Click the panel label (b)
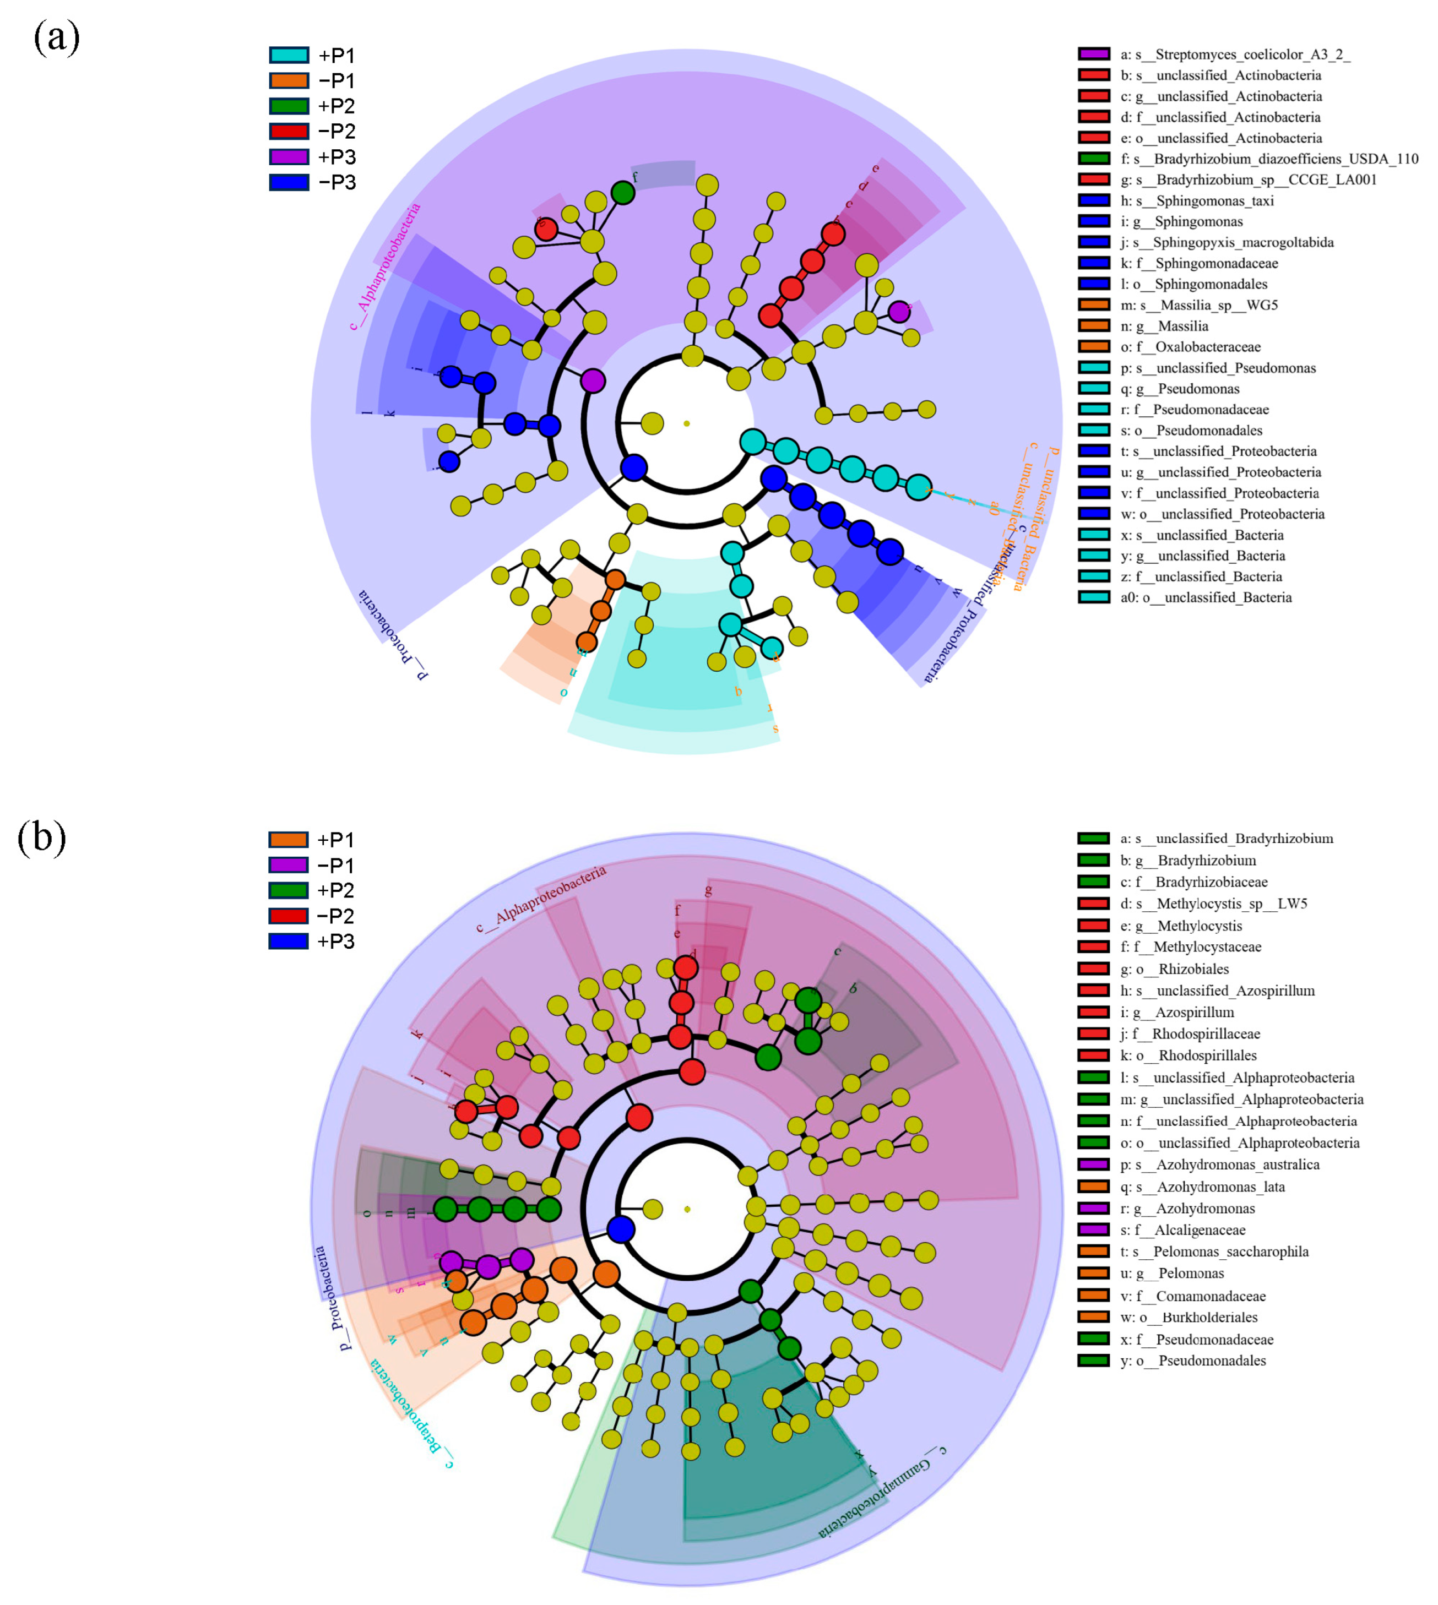click(41, 838)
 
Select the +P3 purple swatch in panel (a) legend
click(289, 157)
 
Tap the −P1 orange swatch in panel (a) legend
click(289, 80)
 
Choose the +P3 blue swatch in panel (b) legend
click(289, 942)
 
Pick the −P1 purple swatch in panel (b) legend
click(289, 866)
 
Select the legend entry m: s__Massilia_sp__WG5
click(1198, 305)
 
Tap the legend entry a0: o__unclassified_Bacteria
click(1206, 597)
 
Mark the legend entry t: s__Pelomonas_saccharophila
click(1214, 1252)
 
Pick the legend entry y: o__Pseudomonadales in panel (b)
click(1193, 1361)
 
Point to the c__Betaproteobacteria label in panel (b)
click(411, 1414)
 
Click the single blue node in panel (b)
click(621, 1230)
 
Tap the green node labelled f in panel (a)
click(622, 193)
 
